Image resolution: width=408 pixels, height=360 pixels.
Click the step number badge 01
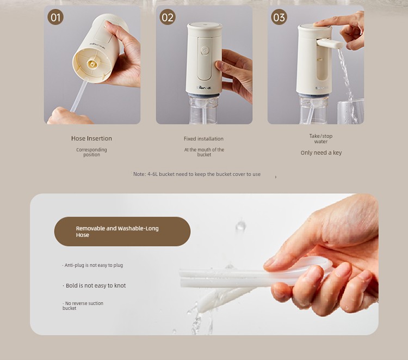[55, 17]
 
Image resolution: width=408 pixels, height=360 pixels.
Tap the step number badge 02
[168, 17]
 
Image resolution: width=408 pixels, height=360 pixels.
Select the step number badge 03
[279, 17]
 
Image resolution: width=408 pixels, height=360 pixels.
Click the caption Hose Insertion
[91, 138]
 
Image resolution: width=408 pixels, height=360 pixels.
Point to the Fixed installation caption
[203, 138]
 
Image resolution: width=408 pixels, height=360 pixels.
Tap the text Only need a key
[321, 152]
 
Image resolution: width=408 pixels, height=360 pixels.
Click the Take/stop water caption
[321, 138]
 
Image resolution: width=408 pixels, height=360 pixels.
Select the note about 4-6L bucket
[197, 174]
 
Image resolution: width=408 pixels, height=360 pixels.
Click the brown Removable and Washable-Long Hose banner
[122, 231]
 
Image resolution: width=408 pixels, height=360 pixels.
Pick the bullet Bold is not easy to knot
[94, 285]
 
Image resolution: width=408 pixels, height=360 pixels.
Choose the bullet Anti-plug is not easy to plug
[92, 265]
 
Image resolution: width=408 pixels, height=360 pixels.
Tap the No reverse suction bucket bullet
[83, 306]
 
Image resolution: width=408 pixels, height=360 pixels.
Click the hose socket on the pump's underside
[92, 63]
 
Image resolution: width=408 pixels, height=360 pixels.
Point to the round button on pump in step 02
[205, 51]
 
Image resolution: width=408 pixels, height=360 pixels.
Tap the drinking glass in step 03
[350, 112]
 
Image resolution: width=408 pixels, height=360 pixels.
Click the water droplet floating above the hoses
[240, 225]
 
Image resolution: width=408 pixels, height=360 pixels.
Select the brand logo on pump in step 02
[203, 88]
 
